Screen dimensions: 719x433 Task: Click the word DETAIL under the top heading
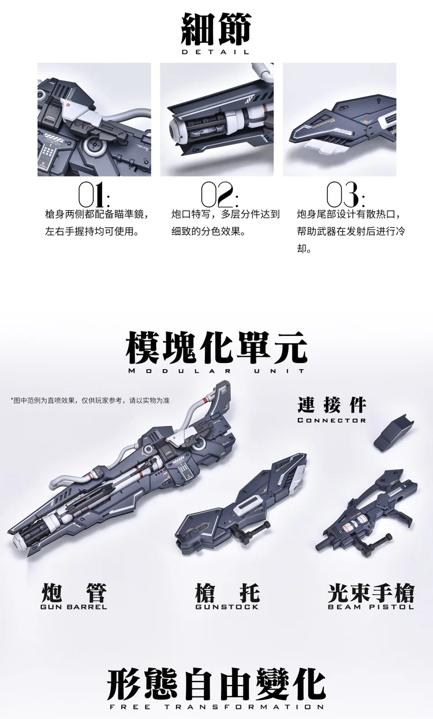point(216,52)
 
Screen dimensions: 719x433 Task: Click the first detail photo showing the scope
point(94,119)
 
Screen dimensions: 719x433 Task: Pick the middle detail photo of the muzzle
point(216,119)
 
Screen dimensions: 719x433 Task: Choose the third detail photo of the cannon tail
point(339,119)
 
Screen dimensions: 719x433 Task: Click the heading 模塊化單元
point(216,346)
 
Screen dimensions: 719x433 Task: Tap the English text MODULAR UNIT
point(216,371)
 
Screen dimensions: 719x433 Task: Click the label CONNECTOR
point(332,420)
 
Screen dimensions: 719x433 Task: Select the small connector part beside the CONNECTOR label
point(394,432)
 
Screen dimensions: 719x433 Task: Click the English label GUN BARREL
point(74,606)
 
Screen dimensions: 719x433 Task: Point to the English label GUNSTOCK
point(227,606)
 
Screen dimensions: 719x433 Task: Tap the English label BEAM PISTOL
point(371,606)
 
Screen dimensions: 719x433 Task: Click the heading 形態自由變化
point(216,684)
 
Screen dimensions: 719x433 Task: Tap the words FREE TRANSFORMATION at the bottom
point(216,707)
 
